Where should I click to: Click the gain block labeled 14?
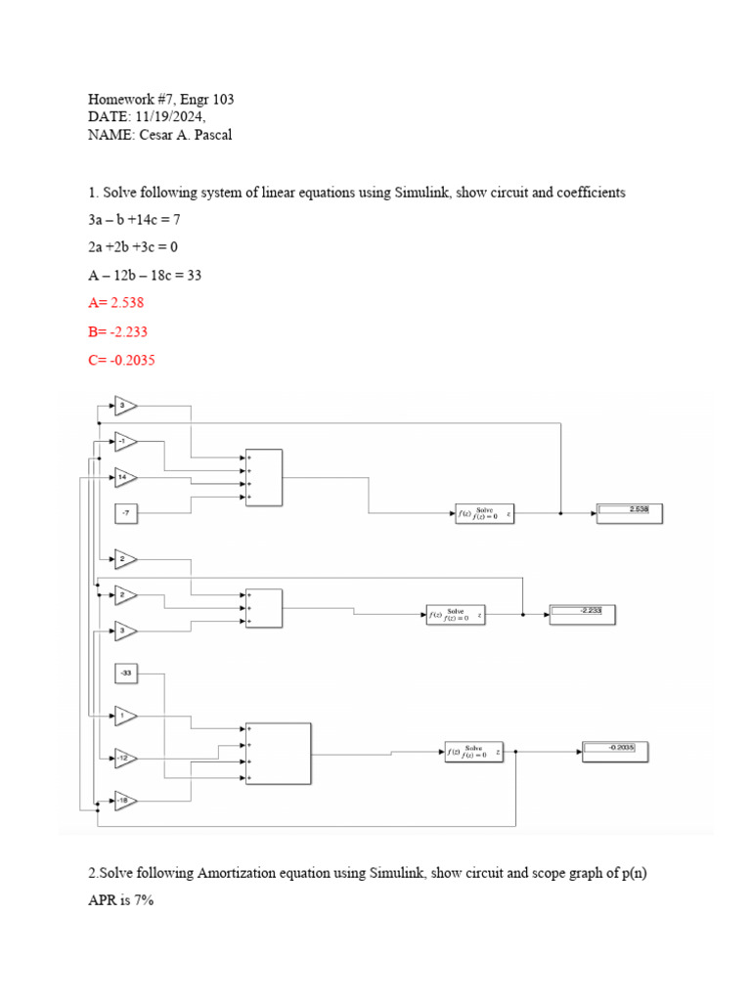tap(125, 478)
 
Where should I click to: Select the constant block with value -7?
tap(127, 512)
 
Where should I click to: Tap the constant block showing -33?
tap(127, 673)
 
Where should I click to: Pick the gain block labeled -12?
tap(125, 758)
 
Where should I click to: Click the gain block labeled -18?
tap(125, 802)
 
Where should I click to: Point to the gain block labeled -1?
tap(125, 442)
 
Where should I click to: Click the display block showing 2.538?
tap(630, 511)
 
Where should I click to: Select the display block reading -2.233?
tap(583, 613)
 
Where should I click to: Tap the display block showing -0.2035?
tap(615, 751)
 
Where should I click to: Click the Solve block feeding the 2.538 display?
tap(485, 513)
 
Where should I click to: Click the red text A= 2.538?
tap(115, 304)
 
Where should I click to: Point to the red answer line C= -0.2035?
tap(121, 361)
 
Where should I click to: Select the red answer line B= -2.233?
tap(117, 332)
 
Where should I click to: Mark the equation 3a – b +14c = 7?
tap(134, 220)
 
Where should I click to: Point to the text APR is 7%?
tap(120, 900)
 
